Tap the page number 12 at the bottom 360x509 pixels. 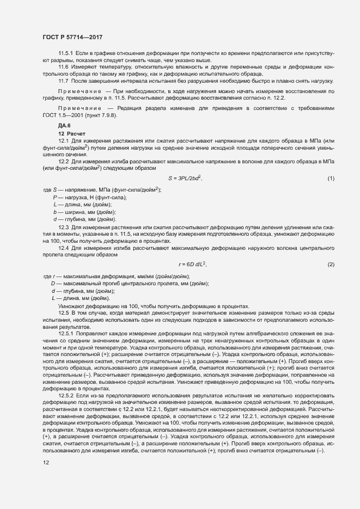(46, 463)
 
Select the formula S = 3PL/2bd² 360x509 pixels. (185, 178)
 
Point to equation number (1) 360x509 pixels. (331, 179)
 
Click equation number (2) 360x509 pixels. (331, 264)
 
